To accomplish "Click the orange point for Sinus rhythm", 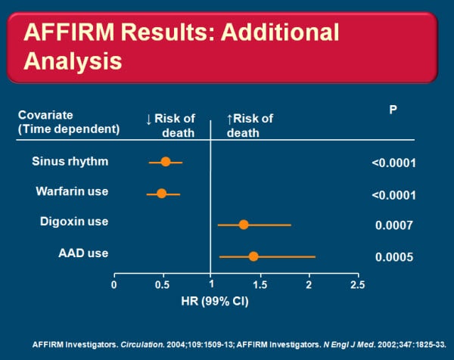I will (x=166, y=161).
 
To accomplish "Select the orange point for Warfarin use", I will (x=161, y=194).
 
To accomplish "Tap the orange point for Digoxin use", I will (x=244, y=225).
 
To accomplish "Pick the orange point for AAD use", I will (x=253, y=256).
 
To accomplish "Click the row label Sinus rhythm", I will (x=70, y=161).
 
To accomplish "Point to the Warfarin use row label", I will (x=72, y=191).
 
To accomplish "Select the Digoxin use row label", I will (x=74, y=222).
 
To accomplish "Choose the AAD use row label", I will (x=83, y=253).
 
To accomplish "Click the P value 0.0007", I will (x=394, y=225).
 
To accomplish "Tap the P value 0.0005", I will (x=394, y=257).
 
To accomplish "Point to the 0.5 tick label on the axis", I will (x=162, y=285).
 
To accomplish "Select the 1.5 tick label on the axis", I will (x=260, y=285).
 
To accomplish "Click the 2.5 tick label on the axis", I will (x=357, y=285).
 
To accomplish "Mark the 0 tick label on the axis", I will (x=114, y=285).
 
